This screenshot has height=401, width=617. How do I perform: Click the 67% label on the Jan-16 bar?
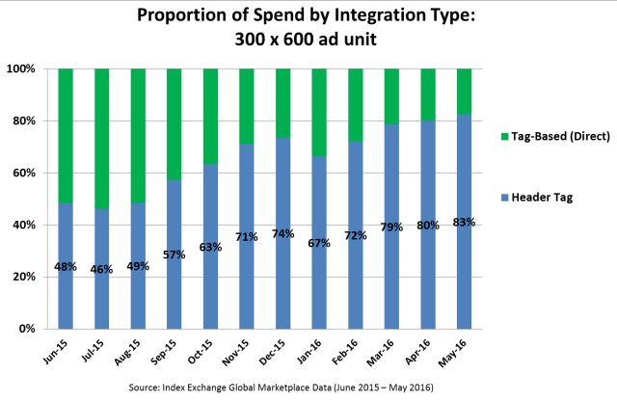(318, 243)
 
